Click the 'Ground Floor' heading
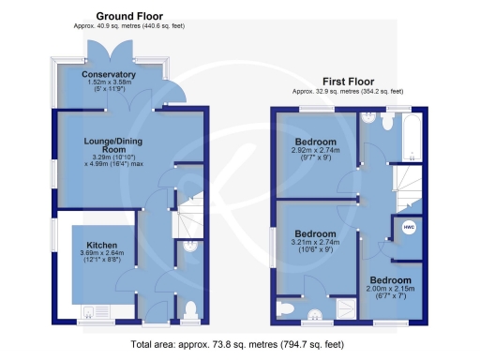pyautogui.click(x=128, y=16)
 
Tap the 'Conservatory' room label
pyautogui.click(x=109, y=74)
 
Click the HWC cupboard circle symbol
pyautogui.click(x=409, y=227)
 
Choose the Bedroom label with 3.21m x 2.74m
pyautogui.click(x=315, y=233)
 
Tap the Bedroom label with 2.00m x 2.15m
pyautogui.click(x=389, y=280)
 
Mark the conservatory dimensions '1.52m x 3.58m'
pyautogui.click(x=109, y=83)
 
